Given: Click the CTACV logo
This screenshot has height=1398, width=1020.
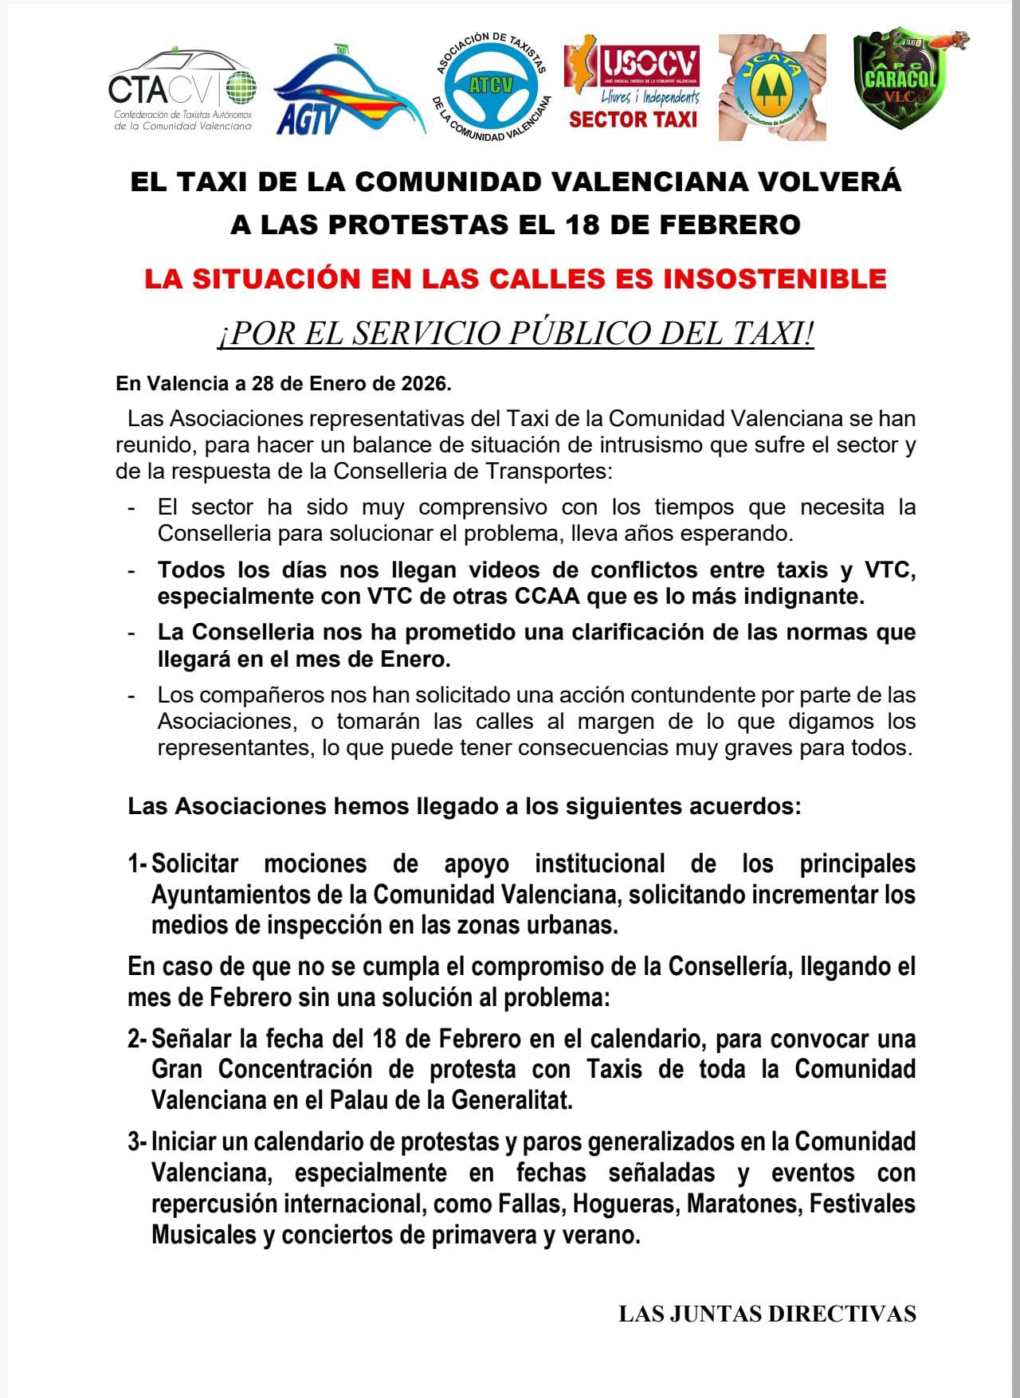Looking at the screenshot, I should pos(182,91).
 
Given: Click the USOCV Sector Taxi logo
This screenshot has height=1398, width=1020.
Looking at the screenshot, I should pos(633,87).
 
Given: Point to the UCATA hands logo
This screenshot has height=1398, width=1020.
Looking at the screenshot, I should pos(771,88).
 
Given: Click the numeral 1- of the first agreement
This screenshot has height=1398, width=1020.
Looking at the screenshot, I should pos(137,863).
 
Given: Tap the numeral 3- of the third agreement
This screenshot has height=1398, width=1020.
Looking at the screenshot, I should pos(137,1142).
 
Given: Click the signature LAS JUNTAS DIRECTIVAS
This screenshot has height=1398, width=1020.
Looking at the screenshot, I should pos(767,1314).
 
